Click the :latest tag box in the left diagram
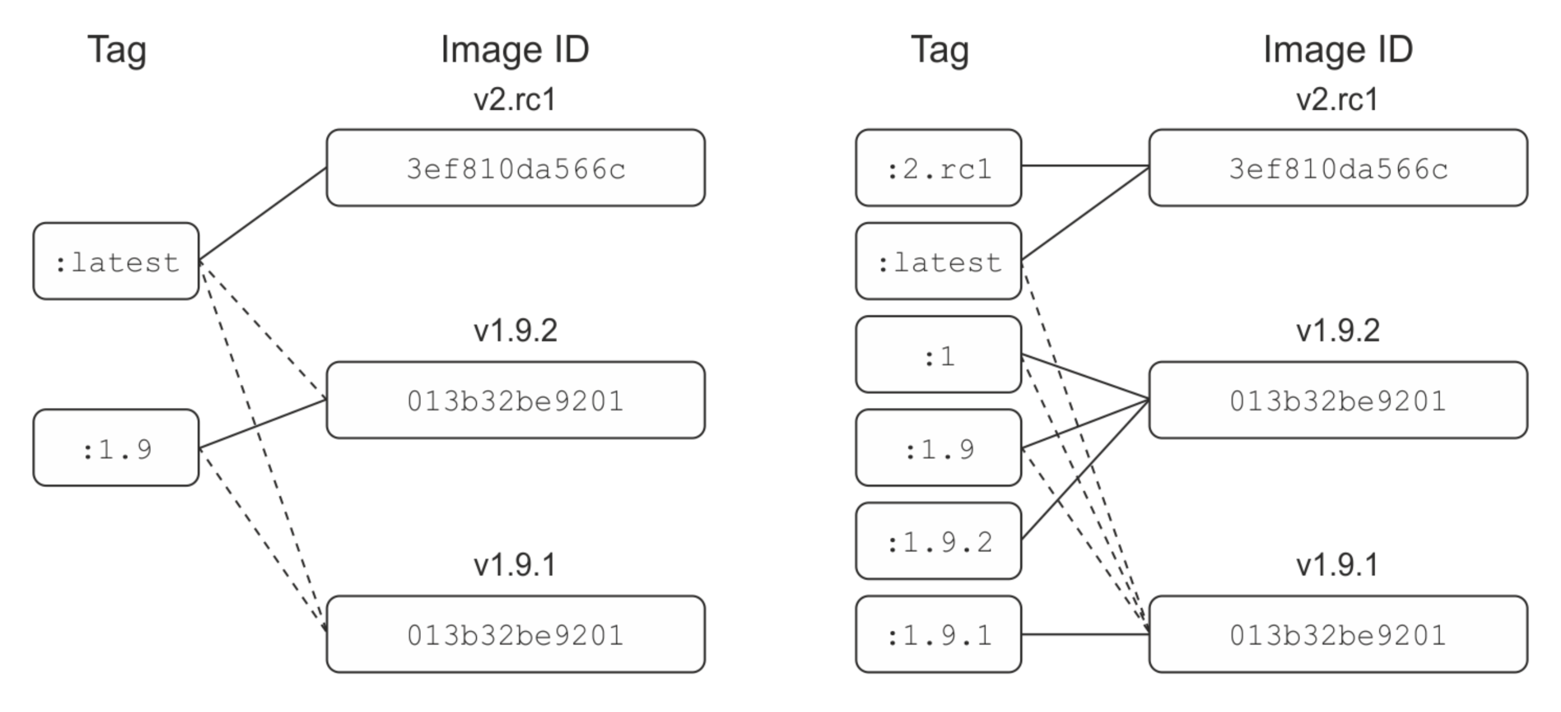pos(116,261)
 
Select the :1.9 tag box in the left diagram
pos(116,448)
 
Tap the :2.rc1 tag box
pos(938,168)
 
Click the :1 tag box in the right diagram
pos(938,354)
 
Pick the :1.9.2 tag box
pos(938,541)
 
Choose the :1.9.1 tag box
pos(938,634)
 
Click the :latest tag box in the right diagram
pos(938,261)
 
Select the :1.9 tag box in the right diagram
pos(938,448)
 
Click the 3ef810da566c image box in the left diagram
pos(515,168)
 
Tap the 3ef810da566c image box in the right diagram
pos(1338,168)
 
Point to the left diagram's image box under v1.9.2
pos(515,400)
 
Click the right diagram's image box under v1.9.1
pos(1338,634)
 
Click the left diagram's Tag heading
pos(116,50)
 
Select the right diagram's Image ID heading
pos(1338,50)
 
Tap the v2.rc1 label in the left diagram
pos(515,100)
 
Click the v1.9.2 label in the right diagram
pos(1338,331)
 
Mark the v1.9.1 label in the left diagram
pos(515,565)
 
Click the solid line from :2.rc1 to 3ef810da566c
pos(1085,166)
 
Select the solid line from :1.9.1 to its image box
pos(1085,634)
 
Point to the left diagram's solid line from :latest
pos(262,215)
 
